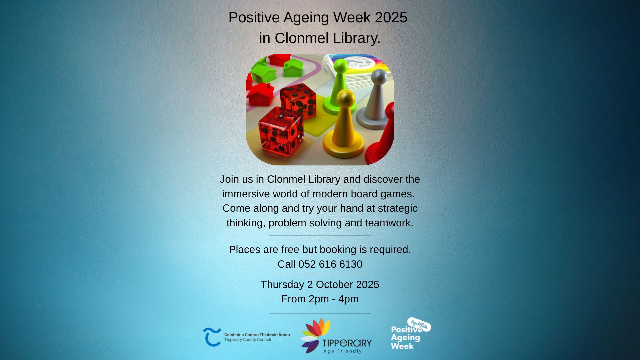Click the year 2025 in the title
click(x=391, y=17)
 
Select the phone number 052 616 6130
click(x=330, y=264)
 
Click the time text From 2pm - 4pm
click(x=320, y=299)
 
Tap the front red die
click(x=281, y=132)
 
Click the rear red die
click(x=298, y=100)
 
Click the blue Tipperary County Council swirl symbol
click(x=212, y=337)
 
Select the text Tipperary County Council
click(x=247, y=340)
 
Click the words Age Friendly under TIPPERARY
click(x=342, y=351)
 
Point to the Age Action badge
click(x=419, y=324)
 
